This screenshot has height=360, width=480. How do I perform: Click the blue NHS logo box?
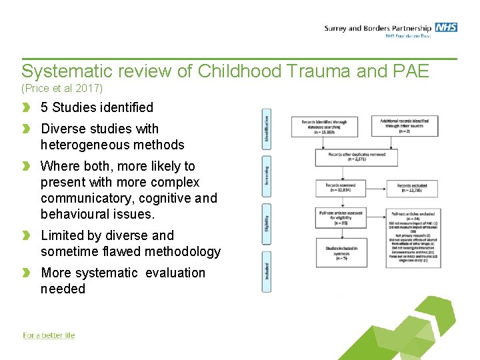click(446, 27)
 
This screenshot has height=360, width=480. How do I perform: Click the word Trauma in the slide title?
click(326, 71)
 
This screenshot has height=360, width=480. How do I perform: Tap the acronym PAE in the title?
click(406, 71)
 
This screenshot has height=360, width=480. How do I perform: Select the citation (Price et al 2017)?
click(62, 88)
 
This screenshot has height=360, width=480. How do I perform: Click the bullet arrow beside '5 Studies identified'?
click(27, 107)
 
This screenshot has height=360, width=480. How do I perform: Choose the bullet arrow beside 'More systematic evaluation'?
click(27, 273)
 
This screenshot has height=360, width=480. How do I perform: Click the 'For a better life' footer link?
click(49, 335)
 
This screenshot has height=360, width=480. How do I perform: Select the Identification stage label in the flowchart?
click(267, 129)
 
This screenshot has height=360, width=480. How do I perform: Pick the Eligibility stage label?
click(267, 223)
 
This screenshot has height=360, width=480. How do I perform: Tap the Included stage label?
click(267, 273)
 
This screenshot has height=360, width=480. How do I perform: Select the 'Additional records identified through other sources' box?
click(405, 125)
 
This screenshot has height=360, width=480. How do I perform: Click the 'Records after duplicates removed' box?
click(356, 157)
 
